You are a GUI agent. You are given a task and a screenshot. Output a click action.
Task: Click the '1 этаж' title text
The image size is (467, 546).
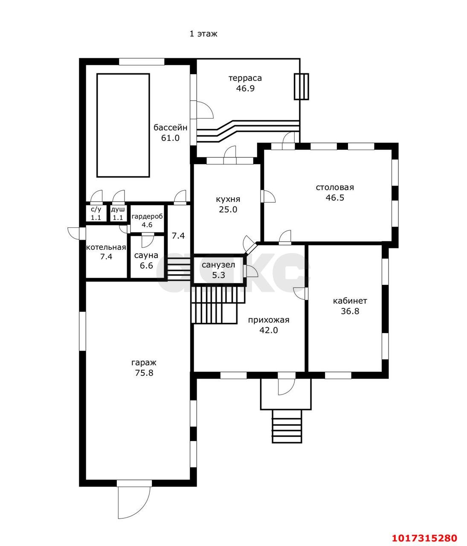click(x=203, y=34)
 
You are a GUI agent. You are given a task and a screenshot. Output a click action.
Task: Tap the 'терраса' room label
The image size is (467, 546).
click(x=245, y=78)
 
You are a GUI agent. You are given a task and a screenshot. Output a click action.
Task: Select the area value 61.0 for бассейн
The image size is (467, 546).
click(x=170, y=138)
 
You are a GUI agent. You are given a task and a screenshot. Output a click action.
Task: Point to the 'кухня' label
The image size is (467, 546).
click(x=228, y=199)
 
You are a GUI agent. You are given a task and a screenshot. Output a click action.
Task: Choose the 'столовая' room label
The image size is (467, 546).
click(x=335, y=187)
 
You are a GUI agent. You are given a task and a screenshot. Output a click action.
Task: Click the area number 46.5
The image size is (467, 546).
click(x=335, y=197)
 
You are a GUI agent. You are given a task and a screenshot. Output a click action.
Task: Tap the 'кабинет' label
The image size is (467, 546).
click(x=350, y=301)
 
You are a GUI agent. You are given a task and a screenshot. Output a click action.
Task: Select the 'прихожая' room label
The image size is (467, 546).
click(x=268, y=320)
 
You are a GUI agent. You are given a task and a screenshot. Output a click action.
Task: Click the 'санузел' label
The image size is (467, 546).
click(x=218, y=264)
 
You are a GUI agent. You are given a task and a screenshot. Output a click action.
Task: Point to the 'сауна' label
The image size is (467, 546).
click(x=146, y=256)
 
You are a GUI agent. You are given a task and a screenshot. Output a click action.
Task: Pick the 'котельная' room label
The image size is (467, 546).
click(x=106, y=247)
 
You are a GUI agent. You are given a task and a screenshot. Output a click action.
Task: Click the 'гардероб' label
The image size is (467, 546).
click(x=147, y=217)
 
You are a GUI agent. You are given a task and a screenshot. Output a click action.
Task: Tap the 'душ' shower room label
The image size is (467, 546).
click(x=118, y=209)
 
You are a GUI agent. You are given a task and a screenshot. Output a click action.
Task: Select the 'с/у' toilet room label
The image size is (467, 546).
click(x=96, y=209)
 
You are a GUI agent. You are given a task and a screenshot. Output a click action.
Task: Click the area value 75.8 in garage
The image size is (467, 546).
click(x=144, y=373)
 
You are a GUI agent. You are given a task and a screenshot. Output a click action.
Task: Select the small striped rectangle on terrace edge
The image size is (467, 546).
click(x=302, y=86)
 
